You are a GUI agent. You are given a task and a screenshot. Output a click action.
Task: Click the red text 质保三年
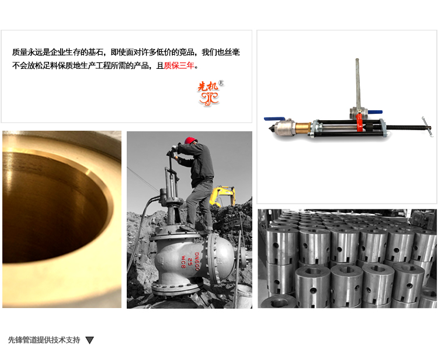pos(179,65)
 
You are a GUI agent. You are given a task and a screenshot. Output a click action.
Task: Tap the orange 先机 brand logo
pos(208,93)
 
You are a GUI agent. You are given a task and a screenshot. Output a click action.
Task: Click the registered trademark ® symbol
pos(221,83)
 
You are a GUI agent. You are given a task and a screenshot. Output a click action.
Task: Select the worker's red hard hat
pos(190,140)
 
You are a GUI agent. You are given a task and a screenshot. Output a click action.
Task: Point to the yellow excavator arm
pos(223,195)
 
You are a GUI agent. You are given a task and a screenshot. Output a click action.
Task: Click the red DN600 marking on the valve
pos(197,261)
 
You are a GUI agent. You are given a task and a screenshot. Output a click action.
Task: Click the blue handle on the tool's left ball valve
pos(274,119)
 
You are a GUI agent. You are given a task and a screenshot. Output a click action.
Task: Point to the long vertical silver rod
pos(357,83)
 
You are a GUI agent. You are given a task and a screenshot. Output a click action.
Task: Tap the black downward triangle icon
pos(89,340)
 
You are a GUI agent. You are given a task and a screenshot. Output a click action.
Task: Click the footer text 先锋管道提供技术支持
pos(44,340)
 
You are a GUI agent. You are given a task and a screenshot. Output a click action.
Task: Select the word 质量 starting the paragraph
pos(19,52)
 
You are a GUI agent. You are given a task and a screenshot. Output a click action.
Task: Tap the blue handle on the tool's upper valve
pos(374,112)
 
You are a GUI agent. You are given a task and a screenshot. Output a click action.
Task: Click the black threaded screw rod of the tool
pos(406,128)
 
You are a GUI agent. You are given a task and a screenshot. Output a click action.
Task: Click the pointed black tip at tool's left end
pos(270,130)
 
